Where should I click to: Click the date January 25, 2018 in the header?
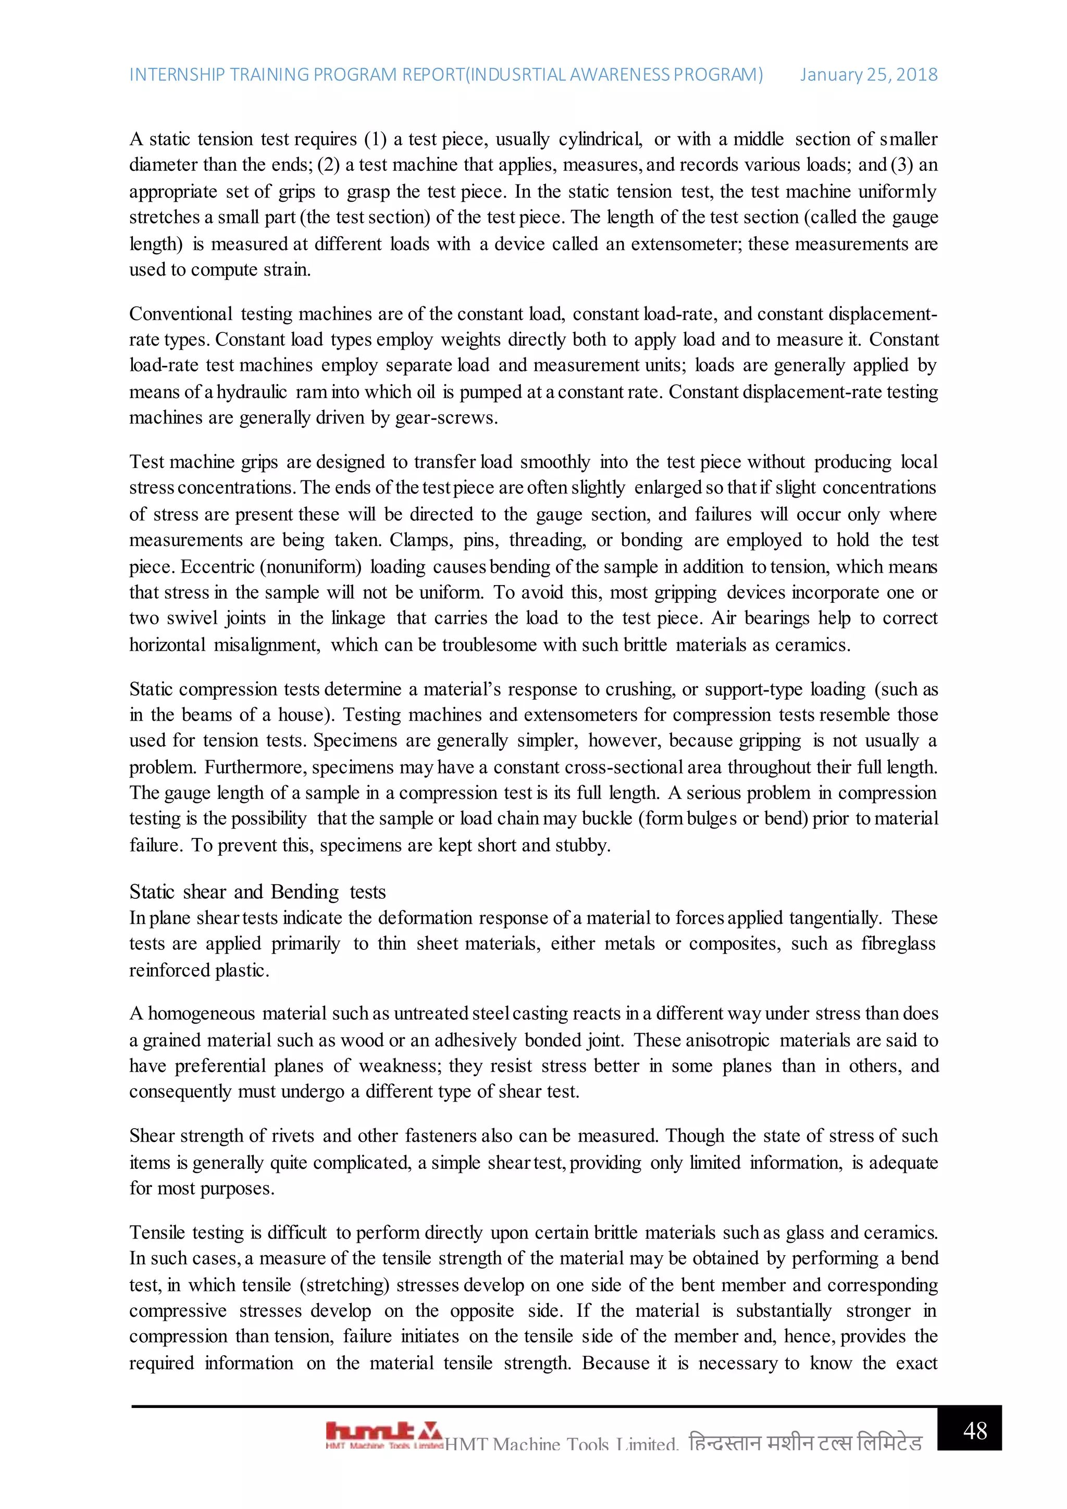coord(868,75)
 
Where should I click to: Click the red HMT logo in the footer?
coord(383,1434)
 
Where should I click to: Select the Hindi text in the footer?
coord(805,1443)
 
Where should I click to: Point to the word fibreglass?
coord(899,944)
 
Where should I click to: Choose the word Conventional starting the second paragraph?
coord(181,314)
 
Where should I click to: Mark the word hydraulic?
coord(252,392)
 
